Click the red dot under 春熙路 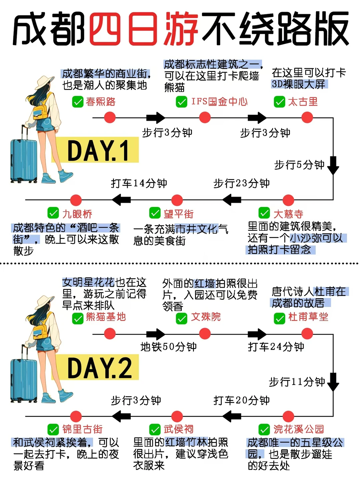110,117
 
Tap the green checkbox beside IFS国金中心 182,102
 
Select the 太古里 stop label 303,102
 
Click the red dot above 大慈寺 288,200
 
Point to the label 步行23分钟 241,183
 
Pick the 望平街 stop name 178,214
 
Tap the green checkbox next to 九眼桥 53,213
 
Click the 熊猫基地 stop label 106,317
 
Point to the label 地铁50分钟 168,347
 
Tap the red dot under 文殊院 205,333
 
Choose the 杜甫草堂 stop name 308,317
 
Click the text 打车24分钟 276,347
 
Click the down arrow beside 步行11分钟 333,382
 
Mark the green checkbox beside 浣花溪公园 264,429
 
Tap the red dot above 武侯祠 177,416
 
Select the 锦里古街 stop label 82,429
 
